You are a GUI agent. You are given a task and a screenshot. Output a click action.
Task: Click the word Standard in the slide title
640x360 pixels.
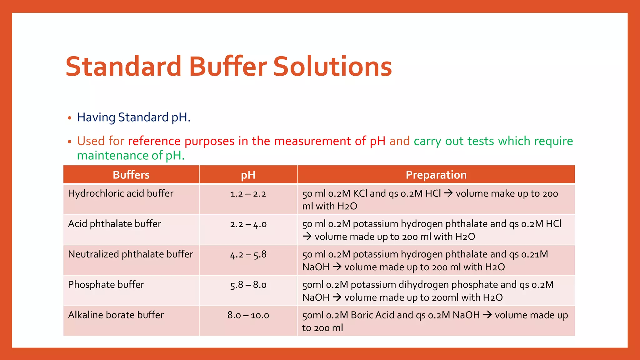[x=123, y=67]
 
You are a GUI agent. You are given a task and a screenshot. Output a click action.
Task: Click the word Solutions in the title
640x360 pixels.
[x=332, y=67]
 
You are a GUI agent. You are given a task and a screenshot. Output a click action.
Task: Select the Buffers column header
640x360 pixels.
[x=131, y=175]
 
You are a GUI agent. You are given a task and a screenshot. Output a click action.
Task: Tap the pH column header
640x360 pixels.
[x=248, y=175]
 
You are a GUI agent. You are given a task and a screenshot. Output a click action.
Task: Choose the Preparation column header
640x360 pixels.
[x=436, y=175]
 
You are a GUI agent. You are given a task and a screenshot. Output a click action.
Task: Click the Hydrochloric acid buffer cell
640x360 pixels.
[x=121, y=193]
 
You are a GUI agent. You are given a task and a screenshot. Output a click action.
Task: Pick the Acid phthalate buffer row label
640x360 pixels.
[x=114, y=224]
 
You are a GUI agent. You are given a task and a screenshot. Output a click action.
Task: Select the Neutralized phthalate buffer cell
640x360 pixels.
[x=130, y=254]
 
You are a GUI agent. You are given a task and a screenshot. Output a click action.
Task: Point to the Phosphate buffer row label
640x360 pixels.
[x=106, y=284]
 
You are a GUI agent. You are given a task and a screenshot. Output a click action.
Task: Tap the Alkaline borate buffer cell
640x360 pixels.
[x=116, y=315]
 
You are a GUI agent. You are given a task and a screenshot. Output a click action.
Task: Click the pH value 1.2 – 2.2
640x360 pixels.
[x=248, y=194]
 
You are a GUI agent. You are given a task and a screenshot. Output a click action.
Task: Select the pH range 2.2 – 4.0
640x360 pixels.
[x=248, y=224]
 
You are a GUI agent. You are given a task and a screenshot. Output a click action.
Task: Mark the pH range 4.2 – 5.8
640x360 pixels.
[x=248, y=254]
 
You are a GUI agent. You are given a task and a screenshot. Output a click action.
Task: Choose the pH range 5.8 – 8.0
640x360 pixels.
[x=248, y=285]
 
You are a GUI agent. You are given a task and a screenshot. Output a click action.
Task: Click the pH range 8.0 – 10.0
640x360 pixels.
[x=248, y=315]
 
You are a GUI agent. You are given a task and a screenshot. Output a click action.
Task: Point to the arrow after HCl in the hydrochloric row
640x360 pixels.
[x=448, y=193]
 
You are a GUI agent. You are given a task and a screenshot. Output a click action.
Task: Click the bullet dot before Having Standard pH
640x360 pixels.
[x=70, y=118]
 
